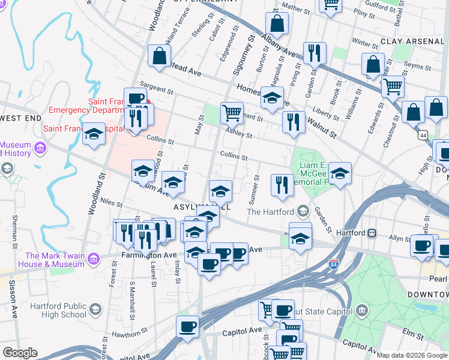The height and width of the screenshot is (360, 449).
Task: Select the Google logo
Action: pos(20,353)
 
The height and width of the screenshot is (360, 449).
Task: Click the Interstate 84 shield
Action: pos(334,263)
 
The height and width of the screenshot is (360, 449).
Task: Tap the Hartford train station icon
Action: pos(372,233)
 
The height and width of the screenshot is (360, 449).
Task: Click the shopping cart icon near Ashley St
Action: pos(232,112)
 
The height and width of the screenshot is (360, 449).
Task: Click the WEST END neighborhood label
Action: pos(16,118)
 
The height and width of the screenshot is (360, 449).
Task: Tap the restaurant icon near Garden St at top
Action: pos(315,53)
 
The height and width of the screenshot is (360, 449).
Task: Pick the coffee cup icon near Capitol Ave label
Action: pos(187,328)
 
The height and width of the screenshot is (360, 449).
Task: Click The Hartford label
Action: pos(271,212)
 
